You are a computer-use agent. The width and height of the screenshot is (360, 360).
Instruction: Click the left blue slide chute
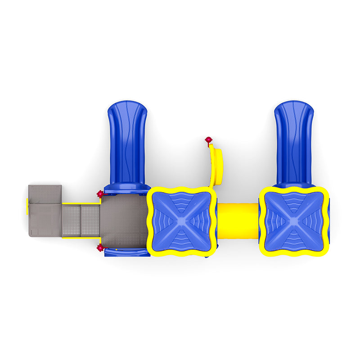pos(127,139)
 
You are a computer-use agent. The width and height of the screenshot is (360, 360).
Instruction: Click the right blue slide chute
pos(294,139)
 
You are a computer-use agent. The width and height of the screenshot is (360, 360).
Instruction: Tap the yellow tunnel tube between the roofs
pos(238,220)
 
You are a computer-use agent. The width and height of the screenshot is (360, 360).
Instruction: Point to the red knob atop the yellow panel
pos(208,140)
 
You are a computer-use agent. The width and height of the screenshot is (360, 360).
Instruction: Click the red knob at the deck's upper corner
pos(100,193)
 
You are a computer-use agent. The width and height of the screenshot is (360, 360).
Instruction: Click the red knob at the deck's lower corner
pos(100,248)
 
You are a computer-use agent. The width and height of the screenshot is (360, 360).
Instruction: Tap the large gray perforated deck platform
pos(124,220)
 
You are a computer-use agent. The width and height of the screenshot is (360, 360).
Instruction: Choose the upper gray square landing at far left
pos(45,194)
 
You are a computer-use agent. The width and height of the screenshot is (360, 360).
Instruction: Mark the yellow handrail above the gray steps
pos(81,203)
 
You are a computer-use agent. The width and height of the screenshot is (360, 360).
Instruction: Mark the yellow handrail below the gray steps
pos(81,238)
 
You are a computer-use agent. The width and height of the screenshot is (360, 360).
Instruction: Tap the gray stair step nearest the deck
pos(90,220)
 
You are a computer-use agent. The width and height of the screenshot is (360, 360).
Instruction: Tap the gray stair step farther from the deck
pos(72,220)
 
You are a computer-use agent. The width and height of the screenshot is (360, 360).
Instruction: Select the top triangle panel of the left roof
pos(182,202)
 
